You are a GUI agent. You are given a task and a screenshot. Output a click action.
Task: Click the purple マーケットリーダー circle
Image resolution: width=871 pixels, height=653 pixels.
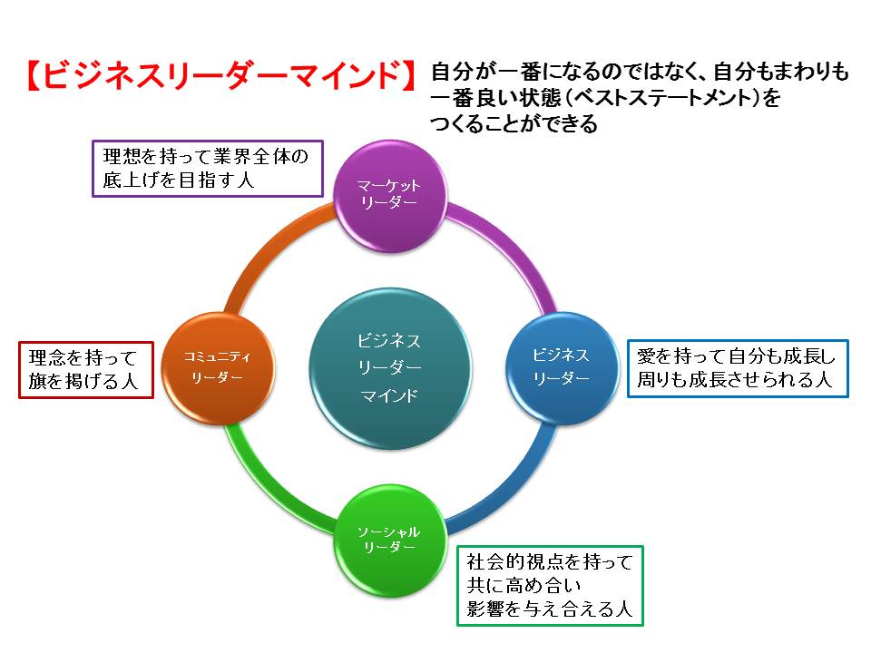(390, 196)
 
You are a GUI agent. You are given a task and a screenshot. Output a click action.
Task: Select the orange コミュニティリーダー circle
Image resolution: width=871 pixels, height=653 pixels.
(218, 368)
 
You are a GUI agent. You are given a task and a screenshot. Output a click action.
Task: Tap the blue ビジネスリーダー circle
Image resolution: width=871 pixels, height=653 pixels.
(562, 368)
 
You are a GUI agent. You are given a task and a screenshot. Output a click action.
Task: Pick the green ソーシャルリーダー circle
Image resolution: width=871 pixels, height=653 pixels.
(390, 541)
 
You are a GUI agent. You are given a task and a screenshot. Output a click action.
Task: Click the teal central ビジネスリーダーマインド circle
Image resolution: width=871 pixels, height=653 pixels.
(390, 368)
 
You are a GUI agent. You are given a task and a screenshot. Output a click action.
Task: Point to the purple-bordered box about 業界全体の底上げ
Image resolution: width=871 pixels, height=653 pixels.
(207, 169)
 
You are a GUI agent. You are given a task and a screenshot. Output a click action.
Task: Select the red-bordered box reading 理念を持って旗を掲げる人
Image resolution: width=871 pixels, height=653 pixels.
(86, 370)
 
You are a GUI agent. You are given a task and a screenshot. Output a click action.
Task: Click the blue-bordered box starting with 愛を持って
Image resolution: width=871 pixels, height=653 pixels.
(738, 369)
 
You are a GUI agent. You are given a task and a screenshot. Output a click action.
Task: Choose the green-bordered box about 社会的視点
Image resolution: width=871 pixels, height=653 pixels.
(550, 586)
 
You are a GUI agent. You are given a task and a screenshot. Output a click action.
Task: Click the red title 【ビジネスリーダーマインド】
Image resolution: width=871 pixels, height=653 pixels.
(221, 75)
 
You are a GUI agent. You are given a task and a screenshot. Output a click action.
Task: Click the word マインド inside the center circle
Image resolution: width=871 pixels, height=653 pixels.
(389, 395)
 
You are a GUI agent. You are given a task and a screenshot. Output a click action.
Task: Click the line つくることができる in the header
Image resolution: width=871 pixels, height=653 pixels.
(514, 122)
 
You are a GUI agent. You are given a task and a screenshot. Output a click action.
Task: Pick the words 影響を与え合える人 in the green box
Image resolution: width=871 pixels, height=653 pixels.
(550, 609)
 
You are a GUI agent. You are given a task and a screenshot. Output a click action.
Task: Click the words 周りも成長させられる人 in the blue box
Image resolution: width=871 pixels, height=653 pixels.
(734, 380)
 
